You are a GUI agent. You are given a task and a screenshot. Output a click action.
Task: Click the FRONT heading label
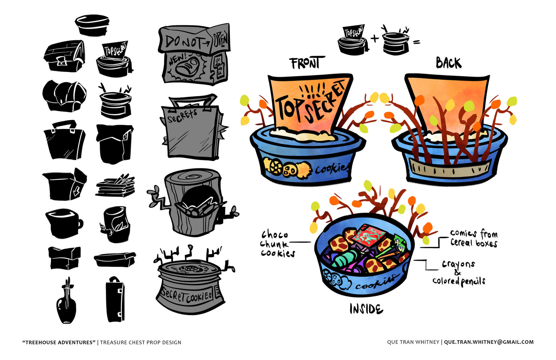pyautogui.click(x=305, y=63)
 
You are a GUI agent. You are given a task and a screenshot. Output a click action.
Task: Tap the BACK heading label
pyautogui.click(x=448, y=63)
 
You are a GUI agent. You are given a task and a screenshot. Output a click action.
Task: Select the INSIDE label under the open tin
pyautogui.click(x=366, y=309)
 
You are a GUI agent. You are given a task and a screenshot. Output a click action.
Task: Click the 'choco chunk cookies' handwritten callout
pyautogui.click(x=277, y=244)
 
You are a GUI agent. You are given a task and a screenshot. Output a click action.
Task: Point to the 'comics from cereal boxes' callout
pyautogui.click(x=474, y=238)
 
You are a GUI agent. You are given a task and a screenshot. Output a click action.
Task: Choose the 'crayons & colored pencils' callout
pyautogui.click(x=459, y=272)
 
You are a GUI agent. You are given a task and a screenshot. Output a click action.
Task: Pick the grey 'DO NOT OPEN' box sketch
pyautogui.click(x=194, y=54)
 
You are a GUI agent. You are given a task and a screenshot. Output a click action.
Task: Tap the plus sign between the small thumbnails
pyautogui.click(x=375, y=38)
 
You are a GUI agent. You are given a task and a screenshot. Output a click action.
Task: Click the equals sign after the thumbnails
pyautogui.click(x=416, y=42)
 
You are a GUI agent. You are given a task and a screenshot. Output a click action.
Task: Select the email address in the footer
pyautogui.click(x=489, y=342)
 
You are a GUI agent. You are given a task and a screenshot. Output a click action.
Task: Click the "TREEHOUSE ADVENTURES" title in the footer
pyautogui.click(x=59, y=342)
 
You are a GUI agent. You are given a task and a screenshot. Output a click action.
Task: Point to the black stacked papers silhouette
pyautogui.click(x=115, y=186)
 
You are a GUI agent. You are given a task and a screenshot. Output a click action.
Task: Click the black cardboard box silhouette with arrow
pyautogui.click(x=64, y=184)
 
